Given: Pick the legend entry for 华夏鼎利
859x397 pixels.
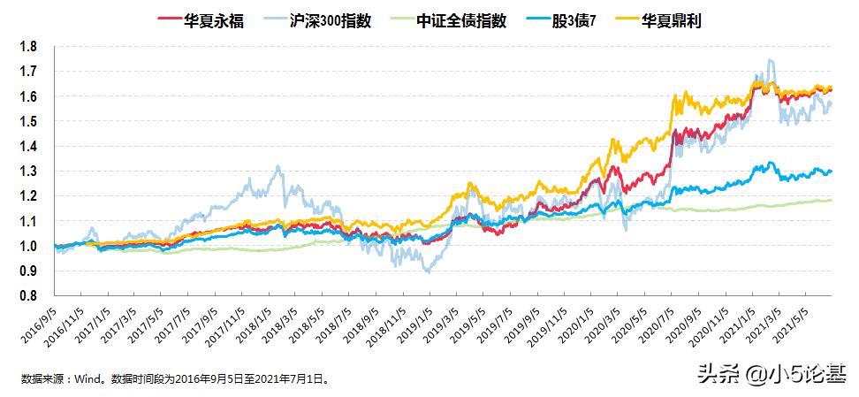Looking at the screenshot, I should (688, 19).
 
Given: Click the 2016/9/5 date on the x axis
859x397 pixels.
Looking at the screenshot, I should (39, 327).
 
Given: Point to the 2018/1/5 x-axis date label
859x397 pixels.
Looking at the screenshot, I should (249, 327).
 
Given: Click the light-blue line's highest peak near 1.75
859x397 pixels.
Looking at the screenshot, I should (772, 60).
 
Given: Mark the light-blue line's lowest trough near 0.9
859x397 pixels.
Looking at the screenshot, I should (429, 271).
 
